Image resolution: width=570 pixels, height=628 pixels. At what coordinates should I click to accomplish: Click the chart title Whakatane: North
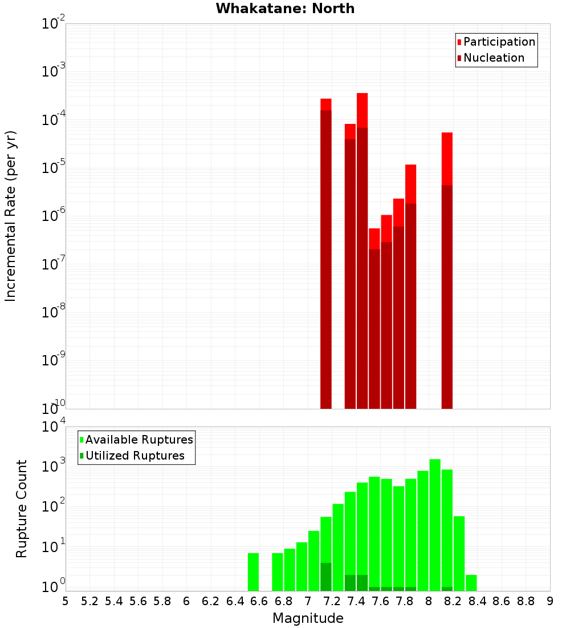point(285,9)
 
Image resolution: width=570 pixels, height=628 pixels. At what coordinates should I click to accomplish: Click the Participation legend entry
point(499,42)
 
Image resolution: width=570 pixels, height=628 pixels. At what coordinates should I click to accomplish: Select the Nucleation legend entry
point(494,58)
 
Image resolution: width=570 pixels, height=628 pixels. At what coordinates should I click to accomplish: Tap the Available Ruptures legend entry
point(139,440)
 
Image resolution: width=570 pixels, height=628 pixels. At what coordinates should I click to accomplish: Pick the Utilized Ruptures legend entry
point(135,456)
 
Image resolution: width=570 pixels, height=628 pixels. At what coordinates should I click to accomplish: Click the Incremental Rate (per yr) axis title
point(11,216)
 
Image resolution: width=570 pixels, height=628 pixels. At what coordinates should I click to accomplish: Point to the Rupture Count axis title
point(22,508)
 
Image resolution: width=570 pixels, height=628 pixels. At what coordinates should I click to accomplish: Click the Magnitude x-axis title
point(308,618)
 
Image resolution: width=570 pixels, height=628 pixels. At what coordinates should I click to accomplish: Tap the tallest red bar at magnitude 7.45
point(362,251)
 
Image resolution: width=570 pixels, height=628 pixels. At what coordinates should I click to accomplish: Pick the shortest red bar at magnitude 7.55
point(374,320)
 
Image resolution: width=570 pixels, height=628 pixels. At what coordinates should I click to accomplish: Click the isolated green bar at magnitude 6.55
point(253,571)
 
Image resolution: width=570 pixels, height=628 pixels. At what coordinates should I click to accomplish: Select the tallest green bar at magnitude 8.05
point(435,525)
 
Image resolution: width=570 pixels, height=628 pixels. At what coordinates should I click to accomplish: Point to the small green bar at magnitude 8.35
point(471,583)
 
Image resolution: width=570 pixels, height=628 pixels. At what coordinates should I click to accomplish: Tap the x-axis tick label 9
point(549,601)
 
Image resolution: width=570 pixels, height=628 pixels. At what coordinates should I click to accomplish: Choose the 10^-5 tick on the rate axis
point(53,168)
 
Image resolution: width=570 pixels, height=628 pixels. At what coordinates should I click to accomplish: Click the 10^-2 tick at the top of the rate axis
point(53,24)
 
